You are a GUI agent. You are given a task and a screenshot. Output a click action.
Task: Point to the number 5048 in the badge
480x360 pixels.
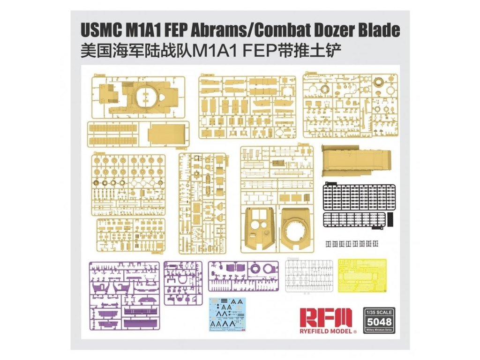378,322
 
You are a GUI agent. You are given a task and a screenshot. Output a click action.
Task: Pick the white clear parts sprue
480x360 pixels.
309,276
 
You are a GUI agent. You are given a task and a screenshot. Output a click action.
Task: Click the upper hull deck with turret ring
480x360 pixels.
145,96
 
